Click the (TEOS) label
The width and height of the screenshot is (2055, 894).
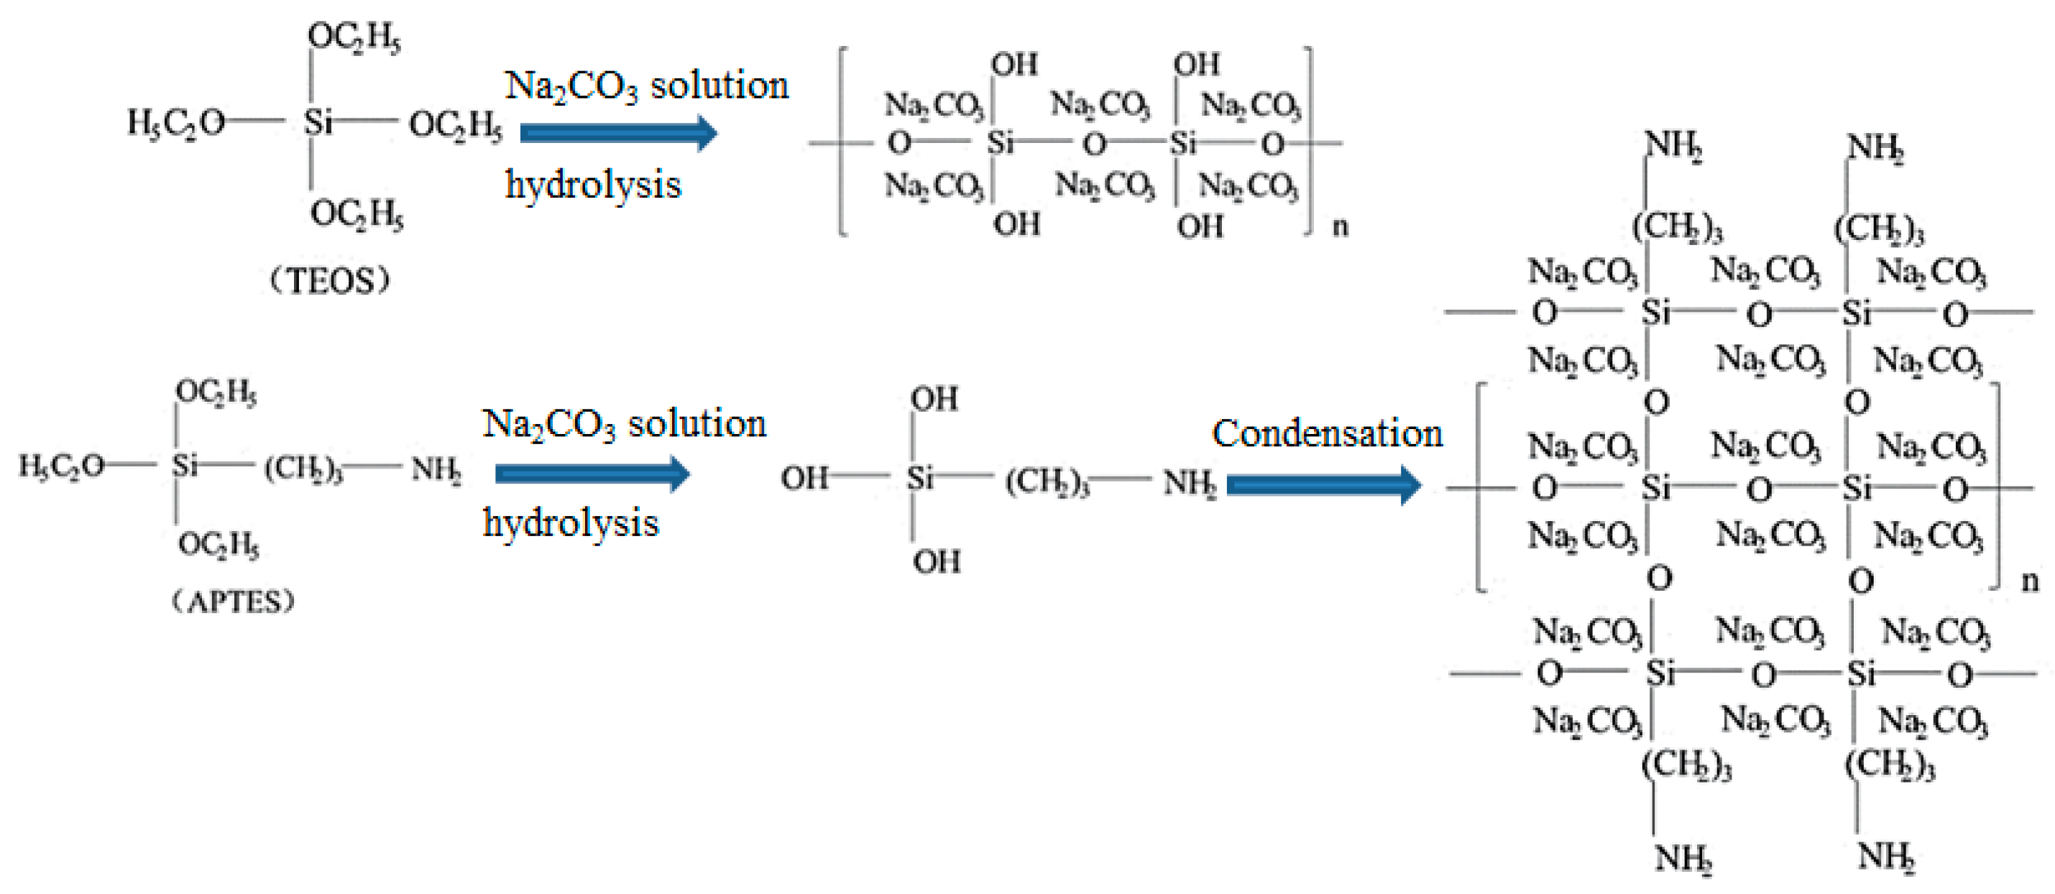[x=329, y=281]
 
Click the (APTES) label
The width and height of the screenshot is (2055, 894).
[x=233, y=601]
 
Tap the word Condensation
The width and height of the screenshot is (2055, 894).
[x=1327, y=434]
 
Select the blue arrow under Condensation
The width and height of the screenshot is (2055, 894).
[x=1323, y=485]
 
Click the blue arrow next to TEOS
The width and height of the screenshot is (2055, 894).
[x=618, y=132]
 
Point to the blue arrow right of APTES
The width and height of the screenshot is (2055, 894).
[x=592, y=474]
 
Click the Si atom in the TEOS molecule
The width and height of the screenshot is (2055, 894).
[x=318, y=122]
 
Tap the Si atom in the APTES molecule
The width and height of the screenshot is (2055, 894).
[x=184, y=464]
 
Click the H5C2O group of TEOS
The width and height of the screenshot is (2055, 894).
[x=175, y=123]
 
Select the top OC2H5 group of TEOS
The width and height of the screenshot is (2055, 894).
[x=354, y=37]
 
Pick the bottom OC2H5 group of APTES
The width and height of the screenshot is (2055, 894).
[x=219, y=545]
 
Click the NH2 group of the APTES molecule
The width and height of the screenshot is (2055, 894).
[x=436, y=469]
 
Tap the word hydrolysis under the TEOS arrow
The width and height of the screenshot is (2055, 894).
[x=594, y=185]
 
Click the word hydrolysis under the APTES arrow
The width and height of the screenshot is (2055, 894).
[x=571, y=523]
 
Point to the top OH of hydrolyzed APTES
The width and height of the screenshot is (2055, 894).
[x=935, y=398]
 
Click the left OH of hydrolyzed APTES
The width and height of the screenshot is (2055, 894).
[x=804, y=479]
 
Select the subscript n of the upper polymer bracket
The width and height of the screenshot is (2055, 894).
[x=1341, y=226]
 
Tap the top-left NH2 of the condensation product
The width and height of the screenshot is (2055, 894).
[x=1673, y=147]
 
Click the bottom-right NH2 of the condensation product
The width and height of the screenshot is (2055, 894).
[x=1886, y=857]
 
